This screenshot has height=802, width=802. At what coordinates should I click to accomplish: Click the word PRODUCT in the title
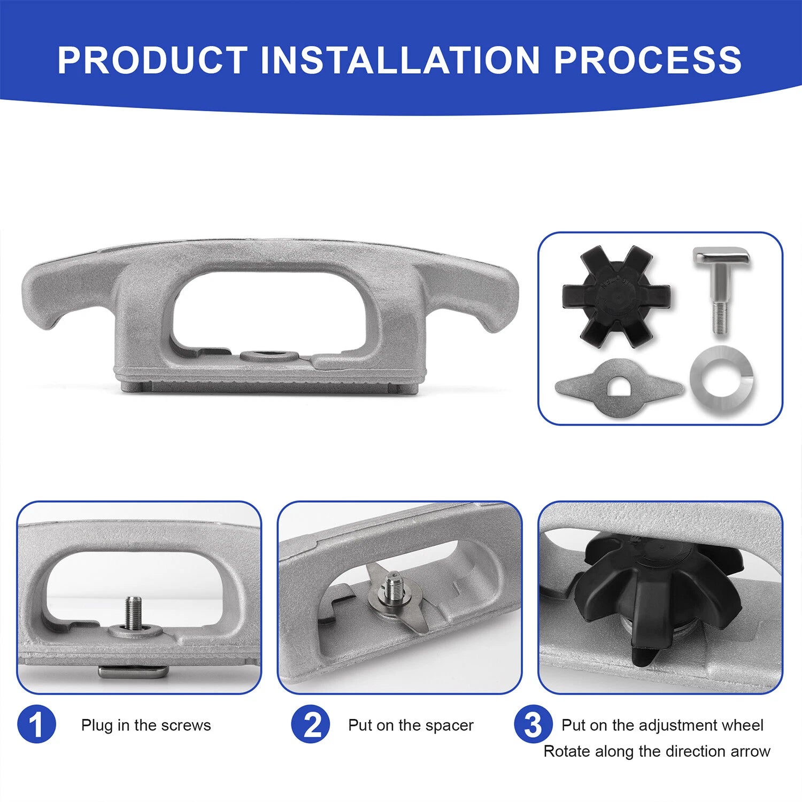(x=152, y=59)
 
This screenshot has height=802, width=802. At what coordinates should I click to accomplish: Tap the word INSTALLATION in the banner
(x=400, y=59)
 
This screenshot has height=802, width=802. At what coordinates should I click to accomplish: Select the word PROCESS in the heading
(x=647, y=59)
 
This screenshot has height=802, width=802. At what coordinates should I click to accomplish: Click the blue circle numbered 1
(x=36, y=724)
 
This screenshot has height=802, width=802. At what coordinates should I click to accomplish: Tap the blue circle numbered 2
(x=311, y=724)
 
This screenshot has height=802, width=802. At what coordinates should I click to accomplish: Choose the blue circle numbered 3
(x=533, y=724)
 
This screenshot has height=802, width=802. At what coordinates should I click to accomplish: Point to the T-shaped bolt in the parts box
(x=721, y=289)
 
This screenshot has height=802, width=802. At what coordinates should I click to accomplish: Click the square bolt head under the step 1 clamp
(x=133, y=672)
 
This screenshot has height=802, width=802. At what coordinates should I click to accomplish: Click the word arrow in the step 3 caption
(x=750, y=752)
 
